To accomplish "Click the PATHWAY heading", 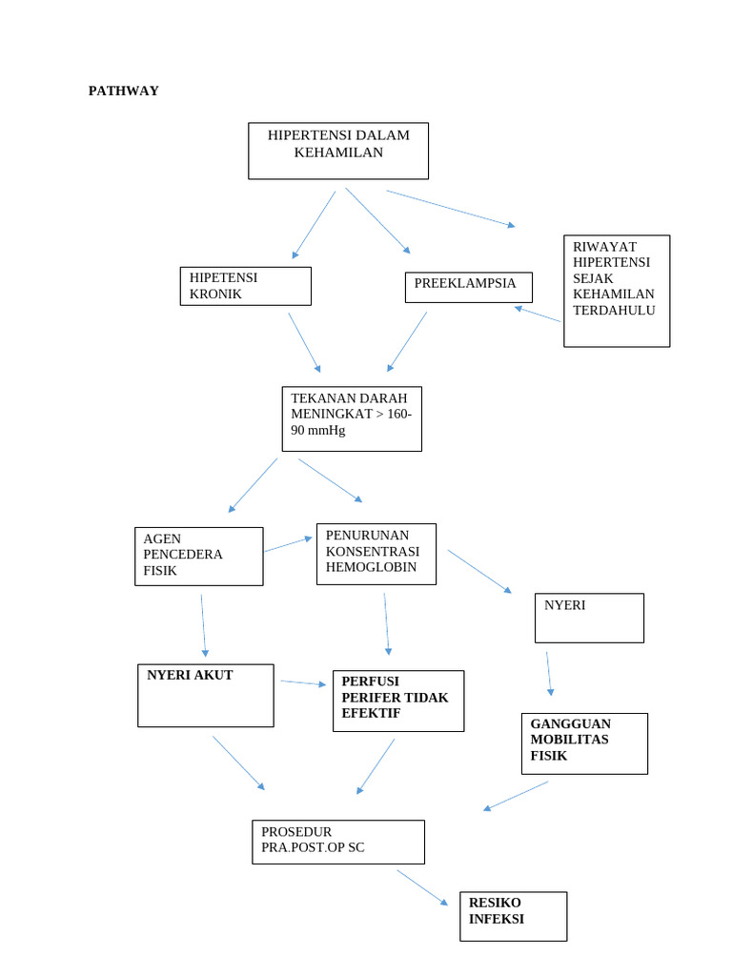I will point(123,91).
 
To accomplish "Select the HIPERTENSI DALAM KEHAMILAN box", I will point(338,151).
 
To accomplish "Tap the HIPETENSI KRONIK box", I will point(245,286).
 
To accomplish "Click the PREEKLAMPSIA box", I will point(468,287).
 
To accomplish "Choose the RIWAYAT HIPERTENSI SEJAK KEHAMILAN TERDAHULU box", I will point(616,291).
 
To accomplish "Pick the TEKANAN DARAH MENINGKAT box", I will point(351,418).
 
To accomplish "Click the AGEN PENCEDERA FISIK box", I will point(198,556).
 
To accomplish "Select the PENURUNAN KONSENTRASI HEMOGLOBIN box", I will point(376,553).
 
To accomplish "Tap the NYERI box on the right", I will point(589,618).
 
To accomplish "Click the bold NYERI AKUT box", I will point(205,695).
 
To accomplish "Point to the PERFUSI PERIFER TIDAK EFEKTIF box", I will point(398,701).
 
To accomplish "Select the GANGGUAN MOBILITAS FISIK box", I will point(584,742).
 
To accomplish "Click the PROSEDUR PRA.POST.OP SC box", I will point(337,842).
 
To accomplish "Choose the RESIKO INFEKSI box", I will point(513,916).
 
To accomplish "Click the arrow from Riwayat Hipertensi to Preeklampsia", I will point(538,314).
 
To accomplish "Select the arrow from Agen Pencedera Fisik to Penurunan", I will point(288,544).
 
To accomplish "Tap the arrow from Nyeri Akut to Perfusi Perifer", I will point(303,682).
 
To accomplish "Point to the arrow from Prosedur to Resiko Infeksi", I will point(422,886).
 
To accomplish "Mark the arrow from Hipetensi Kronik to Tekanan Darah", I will point(304,342).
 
